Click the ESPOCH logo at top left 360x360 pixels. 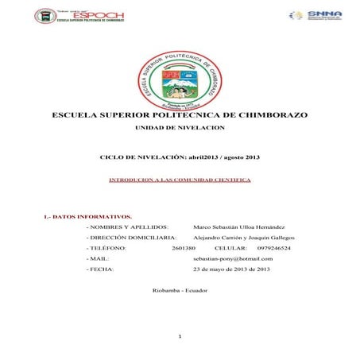tap(79, 16)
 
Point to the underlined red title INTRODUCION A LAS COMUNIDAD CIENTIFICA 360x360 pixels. tap(180, 180)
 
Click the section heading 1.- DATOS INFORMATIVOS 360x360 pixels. tap(87, 216)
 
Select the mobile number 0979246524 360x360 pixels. tap(273, 248)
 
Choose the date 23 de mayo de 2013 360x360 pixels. tap(231, 269)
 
